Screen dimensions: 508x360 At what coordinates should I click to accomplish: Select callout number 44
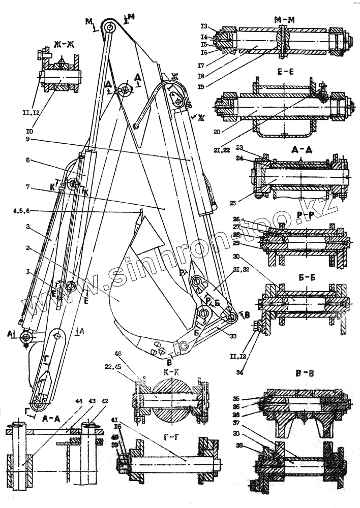(65, 401)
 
